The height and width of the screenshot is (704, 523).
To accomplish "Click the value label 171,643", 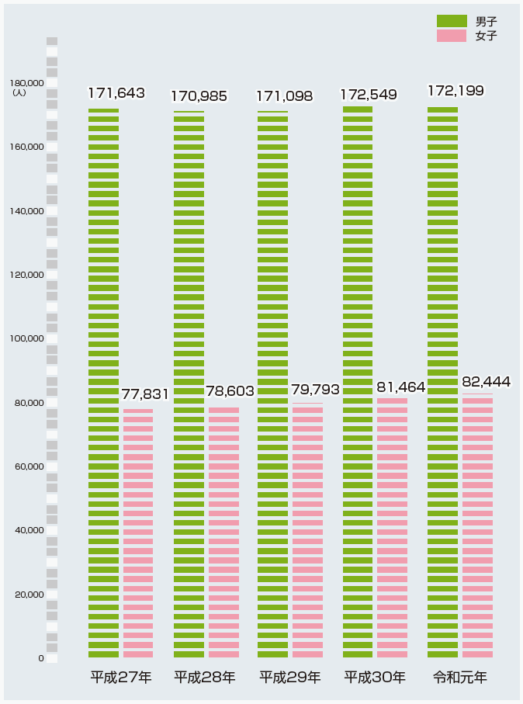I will click(116, 93).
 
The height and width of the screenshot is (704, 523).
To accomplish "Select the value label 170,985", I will click(199, 96).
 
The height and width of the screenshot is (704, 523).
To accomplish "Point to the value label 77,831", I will click(151, 394).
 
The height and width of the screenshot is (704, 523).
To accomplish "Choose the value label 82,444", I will click(487, 382).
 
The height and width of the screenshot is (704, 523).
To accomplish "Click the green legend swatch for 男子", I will click(452, 21).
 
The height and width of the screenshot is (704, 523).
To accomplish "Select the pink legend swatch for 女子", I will click(452, 36).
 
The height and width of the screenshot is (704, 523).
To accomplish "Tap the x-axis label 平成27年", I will click(120, 677).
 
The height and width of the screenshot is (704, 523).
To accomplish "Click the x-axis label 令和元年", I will click(460, 677).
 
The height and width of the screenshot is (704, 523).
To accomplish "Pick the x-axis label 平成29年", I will click(289, 677).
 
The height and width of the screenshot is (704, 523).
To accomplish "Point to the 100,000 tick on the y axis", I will click(26, 338).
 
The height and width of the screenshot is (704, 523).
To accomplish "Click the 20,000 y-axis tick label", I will click(29, 595).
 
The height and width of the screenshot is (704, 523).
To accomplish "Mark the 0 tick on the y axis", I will click(40, 658).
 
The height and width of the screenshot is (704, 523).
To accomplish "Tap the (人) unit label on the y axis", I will click(19, 92).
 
